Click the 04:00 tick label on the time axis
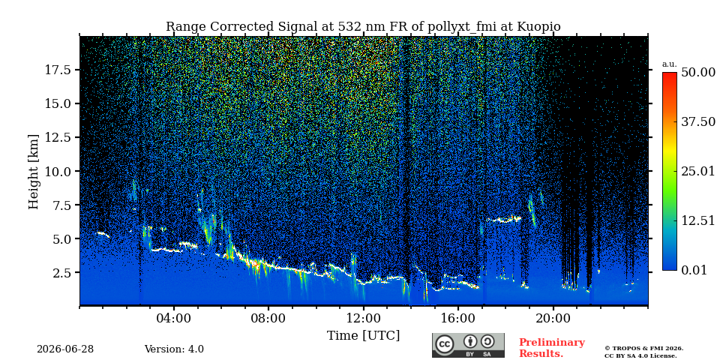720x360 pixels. point(174,318)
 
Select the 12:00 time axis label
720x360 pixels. point(364,318)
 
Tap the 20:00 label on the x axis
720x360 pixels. point(553,318)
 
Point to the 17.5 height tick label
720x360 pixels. point(58,70)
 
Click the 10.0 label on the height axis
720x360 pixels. point(58,171)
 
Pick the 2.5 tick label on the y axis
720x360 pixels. point(62,273)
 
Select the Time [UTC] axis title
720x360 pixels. point(363,336)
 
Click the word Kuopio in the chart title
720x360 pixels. point(538,27)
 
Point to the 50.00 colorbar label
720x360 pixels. point(698,73)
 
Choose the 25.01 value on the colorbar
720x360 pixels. point(698,172)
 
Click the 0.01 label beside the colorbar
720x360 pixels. point(694,271)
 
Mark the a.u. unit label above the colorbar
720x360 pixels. point(670,64)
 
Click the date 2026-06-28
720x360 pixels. point(65,349)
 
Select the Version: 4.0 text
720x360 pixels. point(174,349)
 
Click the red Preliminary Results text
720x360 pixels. point(552,348)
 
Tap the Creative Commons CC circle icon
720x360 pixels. point(445,345)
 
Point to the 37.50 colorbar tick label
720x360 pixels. point(698,122)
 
